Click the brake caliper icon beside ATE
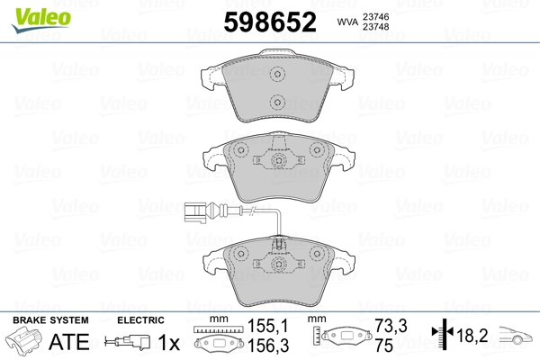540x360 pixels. (x=26, y=343)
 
